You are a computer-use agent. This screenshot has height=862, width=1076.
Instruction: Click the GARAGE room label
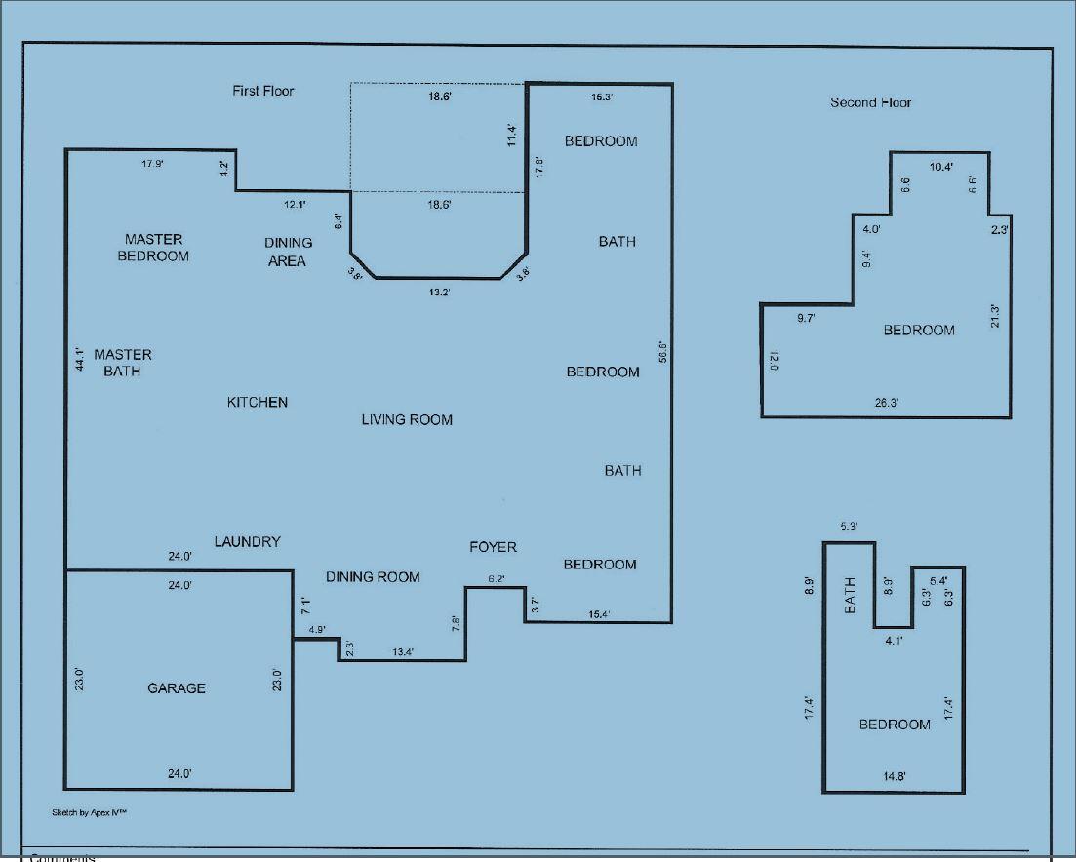coord(177,688)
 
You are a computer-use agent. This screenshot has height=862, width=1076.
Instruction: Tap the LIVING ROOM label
coord(407,420)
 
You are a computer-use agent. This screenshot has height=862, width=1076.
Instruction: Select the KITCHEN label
coord(258,402)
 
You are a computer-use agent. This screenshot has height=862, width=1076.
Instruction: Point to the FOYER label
coord(493,547)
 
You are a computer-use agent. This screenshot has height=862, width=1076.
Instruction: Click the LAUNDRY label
coord(248,542)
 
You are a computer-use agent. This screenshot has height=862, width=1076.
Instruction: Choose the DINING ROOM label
coord(373,577)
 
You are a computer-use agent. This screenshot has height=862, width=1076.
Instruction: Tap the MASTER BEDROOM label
coord(153,248)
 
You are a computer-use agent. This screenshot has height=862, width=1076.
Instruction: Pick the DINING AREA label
coord(289,252)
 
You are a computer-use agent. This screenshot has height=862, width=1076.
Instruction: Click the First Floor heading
coord(263,91)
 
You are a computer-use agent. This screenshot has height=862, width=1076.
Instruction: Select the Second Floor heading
coord(871,102)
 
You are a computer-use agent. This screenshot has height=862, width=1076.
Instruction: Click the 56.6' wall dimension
coord(661,352)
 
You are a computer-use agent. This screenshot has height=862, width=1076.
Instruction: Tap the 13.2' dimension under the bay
coord(439,292)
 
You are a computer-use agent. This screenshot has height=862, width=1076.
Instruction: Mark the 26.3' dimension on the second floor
coord(886,402)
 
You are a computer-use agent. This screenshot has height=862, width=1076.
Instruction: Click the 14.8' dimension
coord(895,776)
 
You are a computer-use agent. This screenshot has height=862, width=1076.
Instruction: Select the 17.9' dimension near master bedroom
coord(152,164)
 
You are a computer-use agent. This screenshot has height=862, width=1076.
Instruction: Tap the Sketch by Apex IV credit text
coord(90,812)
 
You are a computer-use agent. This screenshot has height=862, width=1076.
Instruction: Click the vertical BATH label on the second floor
coord(850,596)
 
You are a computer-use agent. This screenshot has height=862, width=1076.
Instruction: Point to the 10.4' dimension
coord(941,167)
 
